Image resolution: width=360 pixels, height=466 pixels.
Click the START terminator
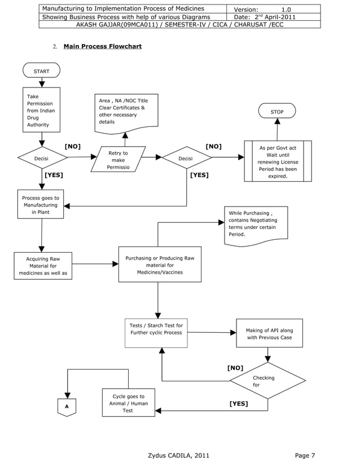click(x=41, y=71)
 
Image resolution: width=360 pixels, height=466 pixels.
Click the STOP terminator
click(x=276, y=112)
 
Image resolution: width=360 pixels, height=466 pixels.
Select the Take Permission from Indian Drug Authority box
click(x=41, y=110)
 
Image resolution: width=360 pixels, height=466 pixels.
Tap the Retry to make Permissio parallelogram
click(x=118, y=160)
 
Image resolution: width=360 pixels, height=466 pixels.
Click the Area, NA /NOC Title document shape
click(x=125, y=113)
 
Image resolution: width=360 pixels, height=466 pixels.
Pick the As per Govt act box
click(x=278, y=161)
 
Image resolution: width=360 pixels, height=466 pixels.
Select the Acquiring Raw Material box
click(x=43, y=266)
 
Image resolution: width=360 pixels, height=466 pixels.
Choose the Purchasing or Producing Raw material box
click(x=160, y=265)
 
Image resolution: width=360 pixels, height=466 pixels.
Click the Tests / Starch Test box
click(x=156, y=333)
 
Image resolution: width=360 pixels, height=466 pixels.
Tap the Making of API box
click(x=269, y=334)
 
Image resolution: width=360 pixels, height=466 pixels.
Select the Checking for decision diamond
click(x=267, y=381)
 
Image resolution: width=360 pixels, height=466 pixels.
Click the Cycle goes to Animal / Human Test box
click(x=128, y=403)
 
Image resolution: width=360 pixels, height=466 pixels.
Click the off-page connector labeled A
click(x=67, y=407)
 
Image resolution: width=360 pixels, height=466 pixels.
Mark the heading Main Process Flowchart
click(x=102, y=46)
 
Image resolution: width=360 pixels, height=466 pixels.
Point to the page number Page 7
click(x=305, y=456)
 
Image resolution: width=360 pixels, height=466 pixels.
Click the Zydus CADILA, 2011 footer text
click(x=178, y=456)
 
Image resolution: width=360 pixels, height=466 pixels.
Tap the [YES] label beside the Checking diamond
click(x=239, y=404)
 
